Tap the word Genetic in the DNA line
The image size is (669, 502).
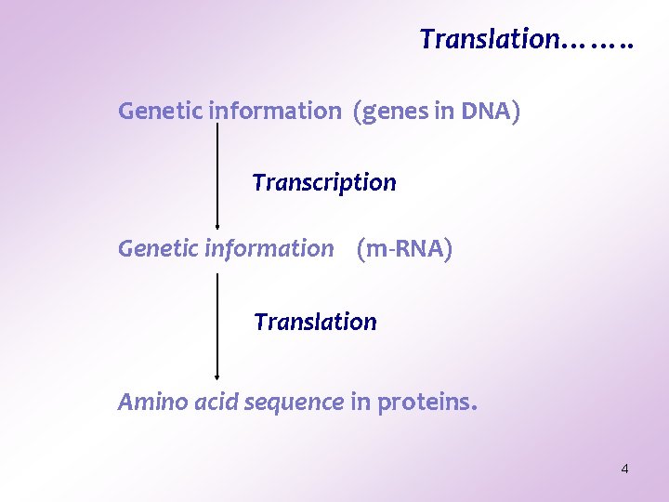[160, 112]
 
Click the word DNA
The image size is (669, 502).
[484, 112]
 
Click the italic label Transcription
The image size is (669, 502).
[323, 183]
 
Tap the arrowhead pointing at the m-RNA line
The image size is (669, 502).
[216, 224]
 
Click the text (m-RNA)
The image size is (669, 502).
[404, 249]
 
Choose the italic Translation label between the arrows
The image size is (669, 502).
[315, 323]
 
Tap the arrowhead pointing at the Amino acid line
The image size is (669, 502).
[216, 376]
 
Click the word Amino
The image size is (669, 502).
[146, 403]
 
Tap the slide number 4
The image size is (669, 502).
[624, 469]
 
